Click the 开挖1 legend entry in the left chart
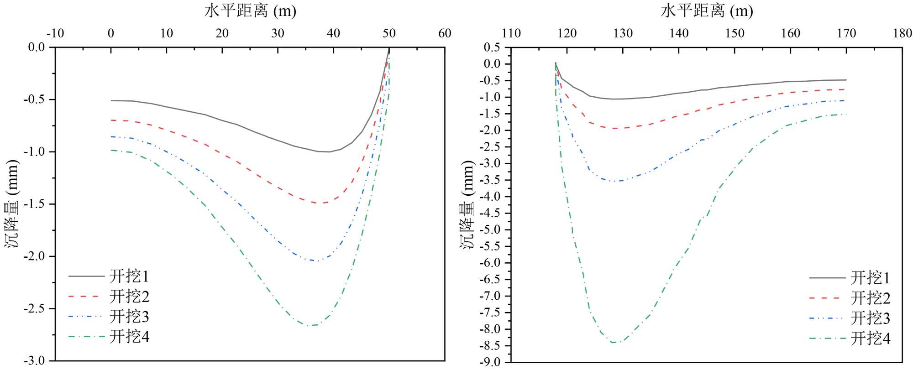coord(129,276)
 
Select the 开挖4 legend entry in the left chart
coord(129,337)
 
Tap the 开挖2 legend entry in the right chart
coord(870,298)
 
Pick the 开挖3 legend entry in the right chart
coord(870,318)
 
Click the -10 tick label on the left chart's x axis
coord(55,33)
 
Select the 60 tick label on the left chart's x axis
coord(445,33)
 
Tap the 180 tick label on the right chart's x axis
coord(903,33)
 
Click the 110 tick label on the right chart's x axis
coord(511,33)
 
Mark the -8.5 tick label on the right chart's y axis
coord(489,346)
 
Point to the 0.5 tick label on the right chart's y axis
coord(492,47)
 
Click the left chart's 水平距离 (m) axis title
coord(250,10)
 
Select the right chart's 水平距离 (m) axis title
coord(707,10)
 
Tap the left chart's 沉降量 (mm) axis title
coord(12,204)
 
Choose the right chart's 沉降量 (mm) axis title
coord(467,204)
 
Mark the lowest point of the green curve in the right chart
coord(613,343)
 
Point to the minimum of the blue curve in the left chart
coord(316,261)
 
